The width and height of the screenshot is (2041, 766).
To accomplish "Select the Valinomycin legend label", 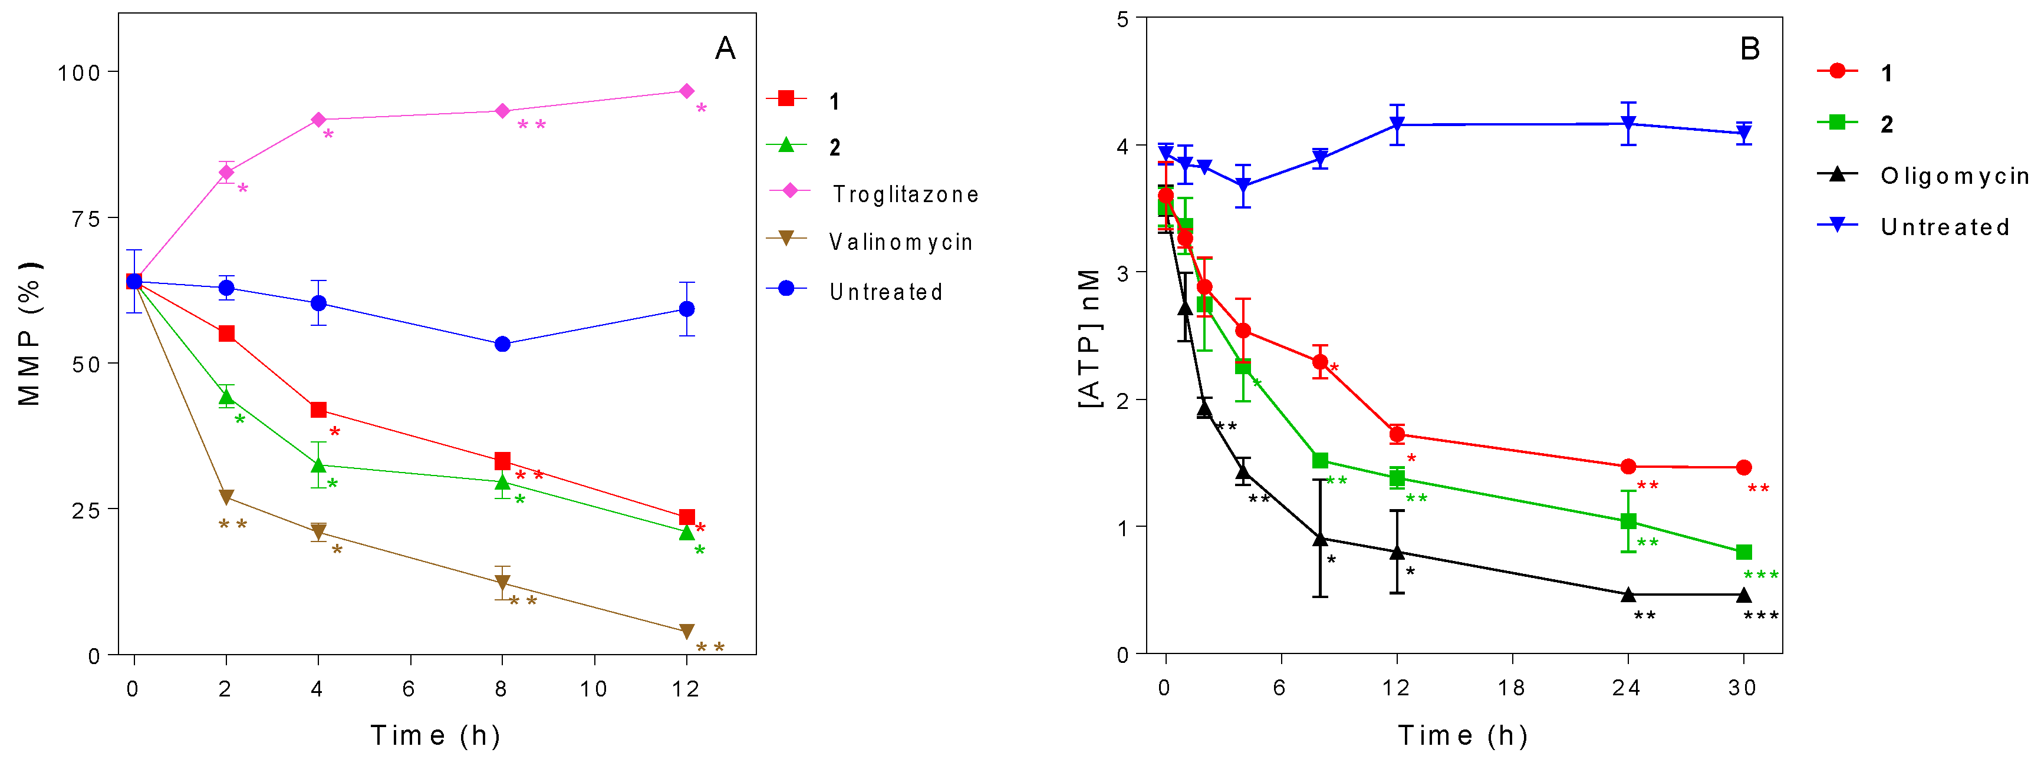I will (900, 242).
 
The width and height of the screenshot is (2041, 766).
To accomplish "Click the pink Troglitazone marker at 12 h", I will (686, 91).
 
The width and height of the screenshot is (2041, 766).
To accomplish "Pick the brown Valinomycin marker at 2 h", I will (226, 497).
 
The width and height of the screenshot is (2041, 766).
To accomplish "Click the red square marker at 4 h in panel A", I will (318, 410).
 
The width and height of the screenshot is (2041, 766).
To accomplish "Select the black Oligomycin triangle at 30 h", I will (1743, 594).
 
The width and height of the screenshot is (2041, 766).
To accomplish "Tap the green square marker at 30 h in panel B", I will (1743, 552).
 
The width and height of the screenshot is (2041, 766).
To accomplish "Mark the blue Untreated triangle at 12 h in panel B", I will (1397, 124).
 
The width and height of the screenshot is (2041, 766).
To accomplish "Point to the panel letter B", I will (1749, 49).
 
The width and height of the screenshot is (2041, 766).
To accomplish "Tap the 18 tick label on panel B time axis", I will (1511, 688).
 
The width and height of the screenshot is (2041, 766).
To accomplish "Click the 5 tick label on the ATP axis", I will (1122, 19).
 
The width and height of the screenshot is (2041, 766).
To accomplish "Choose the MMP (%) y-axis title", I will (29, 334).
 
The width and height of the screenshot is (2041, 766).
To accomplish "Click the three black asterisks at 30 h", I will (1760, 616).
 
